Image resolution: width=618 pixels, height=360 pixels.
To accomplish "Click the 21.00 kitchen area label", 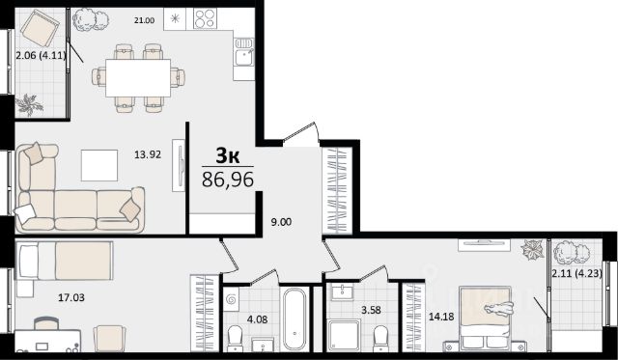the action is [144, 21].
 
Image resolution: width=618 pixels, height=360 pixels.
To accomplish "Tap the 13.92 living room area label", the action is [148, 154].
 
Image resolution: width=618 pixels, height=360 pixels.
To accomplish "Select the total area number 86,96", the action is [228, 180].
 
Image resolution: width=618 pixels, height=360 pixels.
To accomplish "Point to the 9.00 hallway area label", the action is [281, 222].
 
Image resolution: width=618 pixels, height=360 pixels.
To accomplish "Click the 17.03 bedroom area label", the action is [71, 298].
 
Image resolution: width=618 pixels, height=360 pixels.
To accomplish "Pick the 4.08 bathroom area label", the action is [257, 319].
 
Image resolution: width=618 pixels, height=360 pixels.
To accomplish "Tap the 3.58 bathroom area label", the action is [371, 310].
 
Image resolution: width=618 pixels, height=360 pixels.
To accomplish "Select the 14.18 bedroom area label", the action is [441, 317].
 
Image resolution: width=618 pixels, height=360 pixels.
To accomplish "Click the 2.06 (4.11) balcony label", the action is [41, 56].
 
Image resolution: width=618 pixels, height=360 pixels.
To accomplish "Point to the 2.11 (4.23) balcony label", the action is [577, 273].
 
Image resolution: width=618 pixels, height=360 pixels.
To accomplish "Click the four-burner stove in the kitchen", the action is [205, 18].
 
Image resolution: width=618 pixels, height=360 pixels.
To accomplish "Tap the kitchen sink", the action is [244, 52].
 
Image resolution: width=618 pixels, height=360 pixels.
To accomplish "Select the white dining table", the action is [138, 77].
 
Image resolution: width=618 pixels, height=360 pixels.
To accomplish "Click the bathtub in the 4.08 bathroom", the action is [295, 318].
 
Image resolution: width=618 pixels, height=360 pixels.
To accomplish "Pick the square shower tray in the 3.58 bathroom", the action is [344, 335].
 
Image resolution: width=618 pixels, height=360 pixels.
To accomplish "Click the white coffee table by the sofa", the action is [99, 165].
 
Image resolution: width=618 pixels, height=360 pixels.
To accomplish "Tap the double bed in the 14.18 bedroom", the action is [485, 318].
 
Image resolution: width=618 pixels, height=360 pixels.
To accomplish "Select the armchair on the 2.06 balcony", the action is [40, 28].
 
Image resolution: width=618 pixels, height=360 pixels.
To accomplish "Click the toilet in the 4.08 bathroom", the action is [236, 338].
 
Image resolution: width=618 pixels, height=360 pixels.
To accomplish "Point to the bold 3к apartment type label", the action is [228, 156].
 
